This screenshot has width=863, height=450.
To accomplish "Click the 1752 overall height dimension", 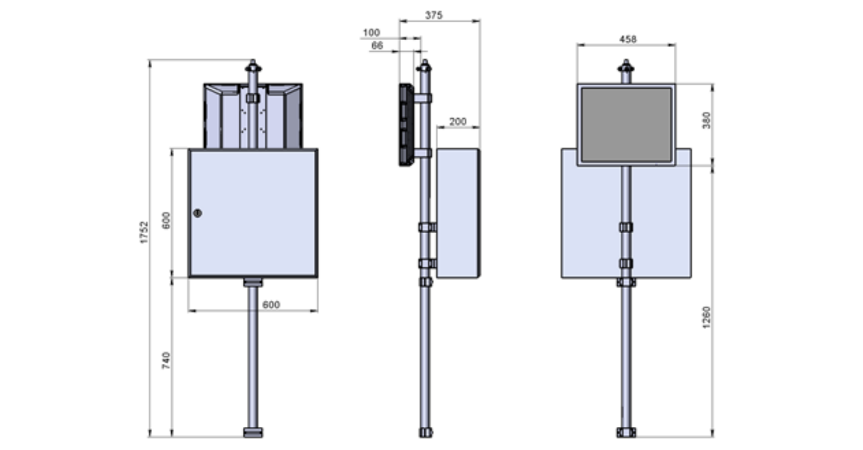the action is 144,232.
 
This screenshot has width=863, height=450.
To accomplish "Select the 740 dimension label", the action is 166,360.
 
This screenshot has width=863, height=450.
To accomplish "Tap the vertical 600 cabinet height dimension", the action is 166,220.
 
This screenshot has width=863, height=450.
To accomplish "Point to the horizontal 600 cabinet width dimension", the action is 271,304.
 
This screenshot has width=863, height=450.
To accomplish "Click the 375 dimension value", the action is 434,15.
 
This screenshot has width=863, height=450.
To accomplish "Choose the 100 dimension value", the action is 371,33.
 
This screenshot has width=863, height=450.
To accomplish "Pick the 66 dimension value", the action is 377,45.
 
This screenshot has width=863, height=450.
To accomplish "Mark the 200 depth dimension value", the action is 458,121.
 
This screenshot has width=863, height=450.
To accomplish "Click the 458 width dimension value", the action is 628,39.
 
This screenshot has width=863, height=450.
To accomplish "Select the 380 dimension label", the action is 706,120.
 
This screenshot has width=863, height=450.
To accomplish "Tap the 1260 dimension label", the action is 706,317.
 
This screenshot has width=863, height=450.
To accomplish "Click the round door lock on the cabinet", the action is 197,213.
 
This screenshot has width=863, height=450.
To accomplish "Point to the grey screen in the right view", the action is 626,124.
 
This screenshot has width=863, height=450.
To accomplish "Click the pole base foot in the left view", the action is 253,432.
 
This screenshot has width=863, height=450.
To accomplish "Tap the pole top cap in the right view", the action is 626,67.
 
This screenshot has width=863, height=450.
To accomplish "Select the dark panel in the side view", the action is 406,124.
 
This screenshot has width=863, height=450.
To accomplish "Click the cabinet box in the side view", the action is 458,213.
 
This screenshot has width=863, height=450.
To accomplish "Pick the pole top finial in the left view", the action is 253,67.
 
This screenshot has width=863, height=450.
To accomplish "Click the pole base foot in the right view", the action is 626,432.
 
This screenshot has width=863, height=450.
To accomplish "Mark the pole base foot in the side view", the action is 426,432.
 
